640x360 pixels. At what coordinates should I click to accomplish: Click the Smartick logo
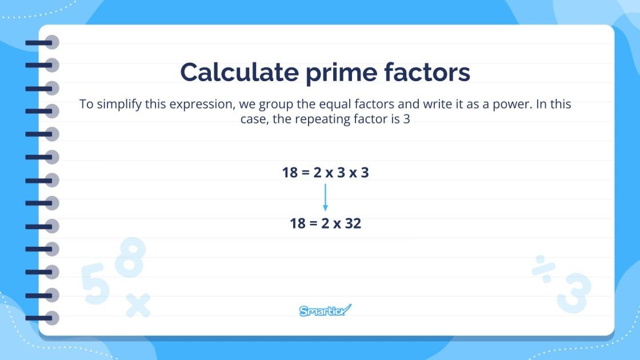(325, 311)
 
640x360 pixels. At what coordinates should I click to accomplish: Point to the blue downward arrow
(325, 198)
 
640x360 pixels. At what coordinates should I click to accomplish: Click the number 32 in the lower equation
(353, 223)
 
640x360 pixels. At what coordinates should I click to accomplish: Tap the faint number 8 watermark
(131, 257)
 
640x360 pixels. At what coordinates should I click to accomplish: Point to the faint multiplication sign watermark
(138, 305)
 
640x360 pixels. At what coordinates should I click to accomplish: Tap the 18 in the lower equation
(298, 223)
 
